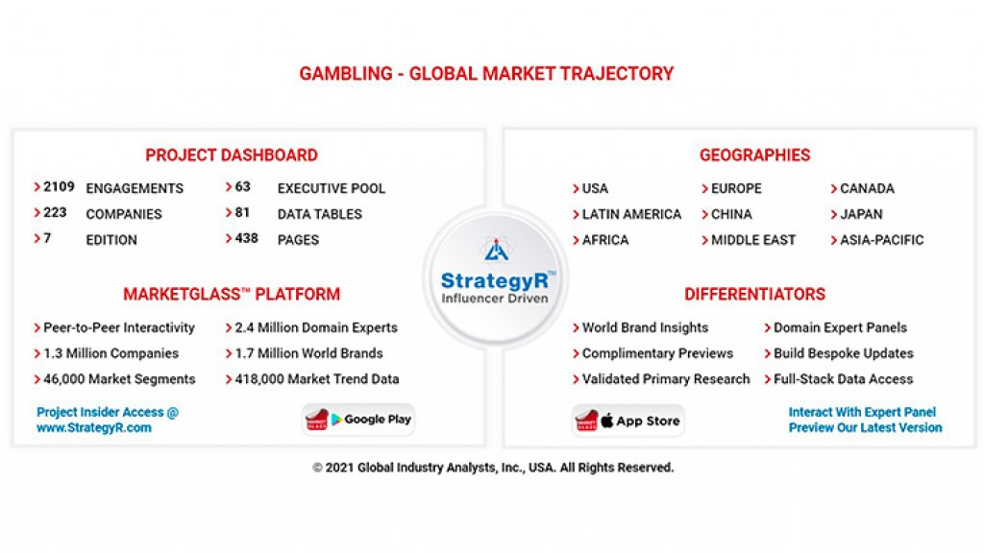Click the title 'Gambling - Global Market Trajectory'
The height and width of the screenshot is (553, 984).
(x=486, y=74)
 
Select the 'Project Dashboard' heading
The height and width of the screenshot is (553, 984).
(x=231, y=156)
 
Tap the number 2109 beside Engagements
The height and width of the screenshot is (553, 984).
(x=59, y=187)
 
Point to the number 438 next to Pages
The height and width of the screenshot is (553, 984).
(x=247, y=238)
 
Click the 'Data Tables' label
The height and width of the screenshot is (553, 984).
(x=319, y=214)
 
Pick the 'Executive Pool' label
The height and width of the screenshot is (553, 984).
(x=331, y=188)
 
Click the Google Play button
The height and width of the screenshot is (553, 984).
(x=358, y=420)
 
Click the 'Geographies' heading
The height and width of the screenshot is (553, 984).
(x=754, y=156)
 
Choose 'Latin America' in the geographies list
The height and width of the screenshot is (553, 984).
(x=630, y=214)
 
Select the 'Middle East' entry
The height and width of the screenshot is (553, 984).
(x=752, y=240)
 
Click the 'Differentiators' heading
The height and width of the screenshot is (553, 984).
(x=754, y=295)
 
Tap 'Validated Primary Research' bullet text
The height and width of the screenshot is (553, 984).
(x=665, y=379)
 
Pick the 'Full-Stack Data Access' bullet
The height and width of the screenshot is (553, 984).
(x=843, y=379)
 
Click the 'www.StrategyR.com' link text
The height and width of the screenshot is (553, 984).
(x=94, y=428)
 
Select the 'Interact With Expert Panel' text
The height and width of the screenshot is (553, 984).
(x=862, y=412)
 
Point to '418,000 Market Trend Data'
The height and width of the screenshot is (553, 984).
(x=316, y=379)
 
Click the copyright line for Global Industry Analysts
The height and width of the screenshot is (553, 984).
(x=493, y=468)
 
